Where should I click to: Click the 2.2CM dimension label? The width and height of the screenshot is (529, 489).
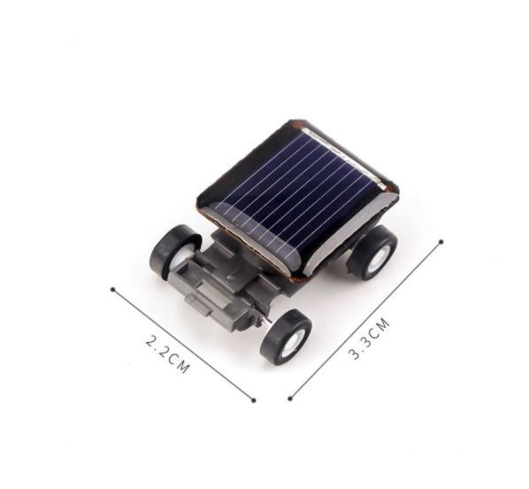167,354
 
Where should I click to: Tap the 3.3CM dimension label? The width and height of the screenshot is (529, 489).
369,338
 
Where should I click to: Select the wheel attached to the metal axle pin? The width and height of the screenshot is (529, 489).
286,338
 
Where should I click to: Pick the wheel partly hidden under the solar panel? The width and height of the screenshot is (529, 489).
372,252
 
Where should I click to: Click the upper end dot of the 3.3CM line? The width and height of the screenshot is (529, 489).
441,242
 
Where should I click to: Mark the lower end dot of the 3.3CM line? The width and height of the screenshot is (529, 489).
290,399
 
